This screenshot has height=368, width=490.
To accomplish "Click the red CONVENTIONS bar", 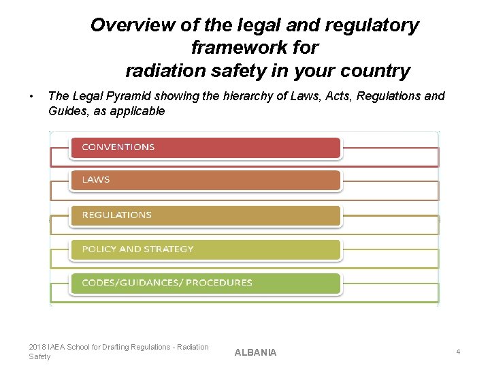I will coord(204,147).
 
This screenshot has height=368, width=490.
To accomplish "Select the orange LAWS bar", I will coord(204,180).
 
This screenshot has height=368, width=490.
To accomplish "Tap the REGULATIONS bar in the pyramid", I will coord(204,215).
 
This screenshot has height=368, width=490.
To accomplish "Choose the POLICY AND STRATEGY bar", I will coord(204,249).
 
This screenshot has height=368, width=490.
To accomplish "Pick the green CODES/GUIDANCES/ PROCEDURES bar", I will coord(204,283).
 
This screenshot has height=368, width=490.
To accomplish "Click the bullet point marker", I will coord(32,96).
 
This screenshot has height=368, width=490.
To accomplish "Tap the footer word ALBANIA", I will coord(255,352).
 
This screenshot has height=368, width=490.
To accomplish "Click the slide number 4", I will coord(458,352).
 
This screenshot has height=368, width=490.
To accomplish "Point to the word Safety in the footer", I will coord(39,356).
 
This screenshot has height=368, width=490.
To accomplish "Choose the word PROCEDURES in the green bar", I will coord(221,283).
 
